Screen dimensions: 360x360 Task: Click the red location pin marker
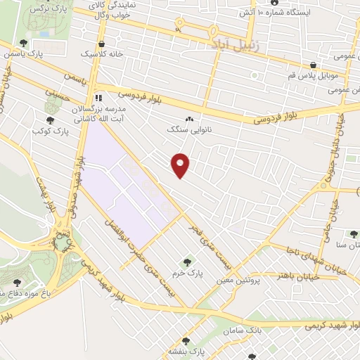[181, 165]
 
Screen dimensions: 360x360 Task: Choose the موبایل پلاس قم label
[321, 74]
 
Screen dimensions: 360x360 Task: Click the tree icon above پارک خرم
[186, 262]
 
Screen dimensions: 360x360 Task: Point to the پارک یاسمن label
[22, 53]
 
